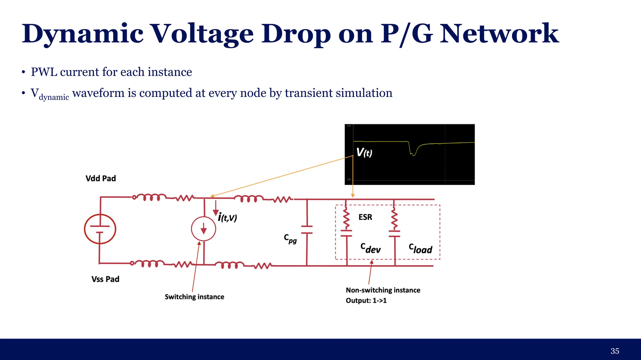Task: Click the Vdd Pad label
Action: (x=100, y=179)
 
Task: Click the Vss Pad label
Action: (x=105, y=279)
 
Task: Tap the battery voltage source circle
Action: (x=100, y=229)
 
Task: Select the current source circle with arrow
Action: (x=203, y=229)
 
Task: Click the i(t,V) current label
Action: (x=228, y=217)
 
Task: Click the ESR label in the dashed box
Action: (x=365, y=217)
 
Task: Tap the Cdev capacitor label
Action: (x=371, y=248)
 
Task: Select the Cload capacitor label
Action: (x=420, y=249)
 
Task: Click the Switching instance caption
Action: (x=194, y=297)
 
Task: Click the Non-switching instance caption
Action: (x=383, y=290)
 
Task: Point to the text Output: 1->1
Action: (x=366, y=301)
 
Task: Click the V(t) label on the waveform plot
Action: (x=364, y=153)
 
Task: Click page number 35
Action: (x=615, y=351)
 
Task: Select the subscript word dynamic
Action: (x=54, y=97)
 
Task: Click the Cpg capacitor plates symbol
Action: (x=307, y=230)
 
